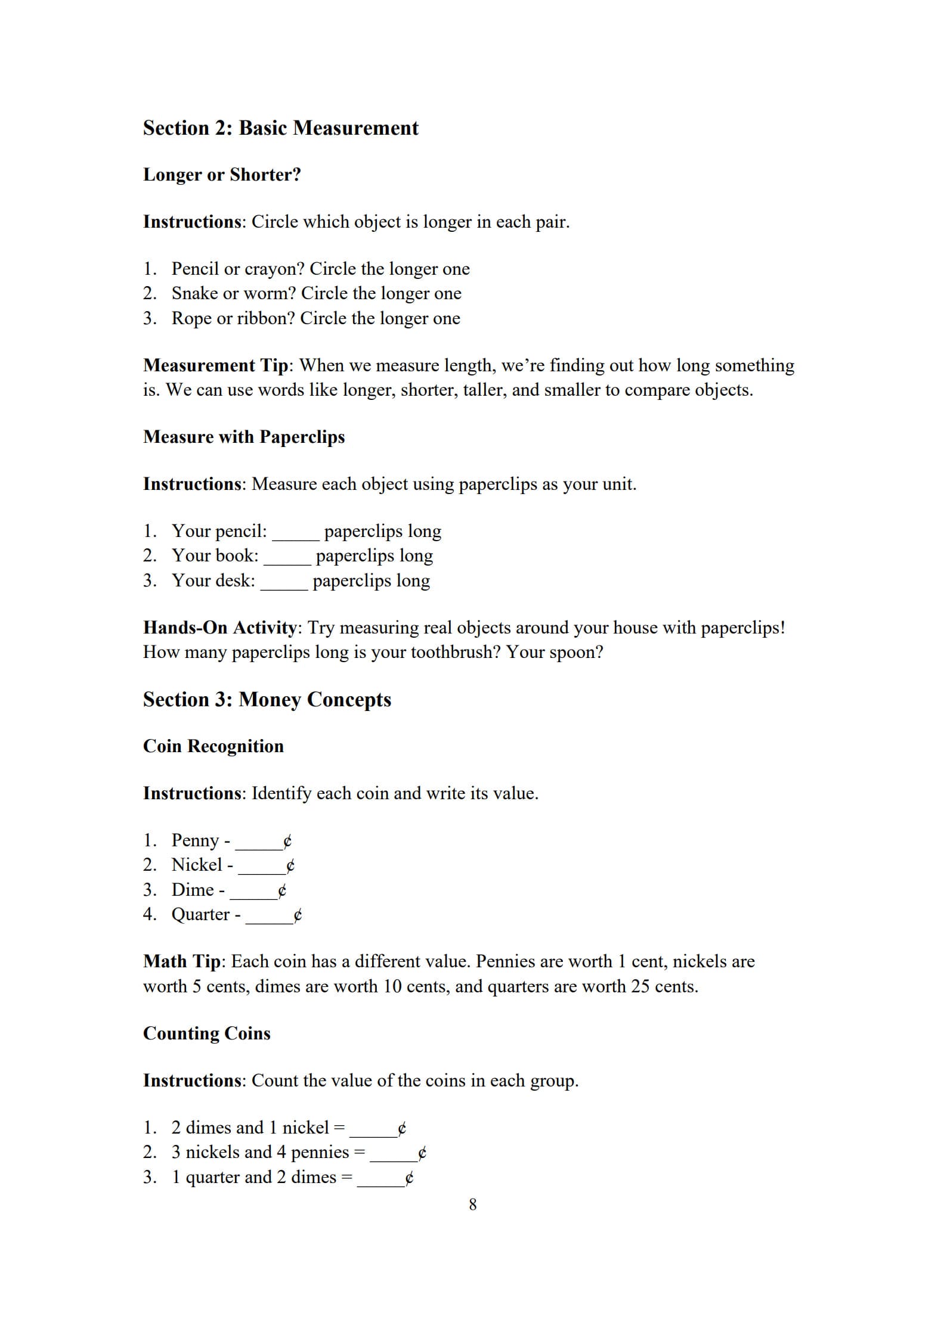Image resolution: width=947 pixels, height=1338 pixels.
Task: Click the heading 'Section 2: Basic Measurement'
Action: pos(280,128)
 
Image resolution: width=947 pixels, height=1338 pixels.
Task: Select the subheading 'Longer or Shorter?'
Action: pos(222,175)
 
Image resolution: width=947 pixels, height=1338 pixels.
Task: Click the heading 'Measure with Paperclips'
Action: pos(244,437)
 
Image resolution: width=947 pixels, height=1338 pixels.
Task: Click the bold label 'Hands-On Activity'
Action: pos(219,628)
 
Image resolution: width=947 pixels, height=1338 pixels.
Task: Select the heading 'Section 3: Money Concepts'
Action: pos(267,700)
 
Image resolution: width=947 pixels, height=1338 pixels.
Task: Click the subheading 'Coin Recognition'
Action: pos(213,746)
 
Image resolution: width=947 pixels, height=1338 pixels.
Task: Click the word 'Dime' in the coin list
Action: pos(193,890)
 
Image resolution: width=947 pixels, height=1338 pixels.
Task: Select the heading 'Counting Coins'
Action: pos(206,1033)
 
